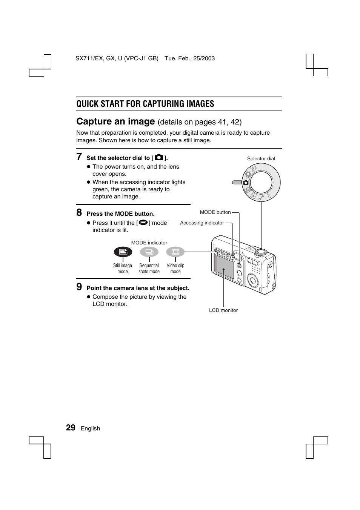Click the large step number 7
pos(79,157)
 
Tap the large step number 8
pos(79,212)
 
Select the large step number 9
pos(79,287)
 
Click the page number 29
pos(71,427)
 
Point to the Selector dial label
pos(261,158)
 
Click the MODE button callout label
pos(215,212)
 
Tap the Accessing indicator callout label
pos(202,223)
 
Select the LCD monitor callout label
pos(223,310)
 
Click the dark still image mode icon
pos(123,252)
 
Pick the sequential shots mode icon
pos(149,252)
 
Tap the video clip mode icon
pos(175,252)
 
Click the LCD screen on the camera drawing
pos(225,268)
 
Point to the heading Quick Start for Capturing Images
pos(145,104)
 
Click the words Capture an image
pos(115,121)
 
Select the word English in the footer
pos(90,429)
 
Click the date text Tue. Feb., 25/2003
pos(189,58)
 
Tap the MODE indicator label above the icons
pos(149,243)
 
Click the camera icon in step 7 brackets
pos(159,157)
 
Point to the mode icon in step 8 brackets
pos(143,223)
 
